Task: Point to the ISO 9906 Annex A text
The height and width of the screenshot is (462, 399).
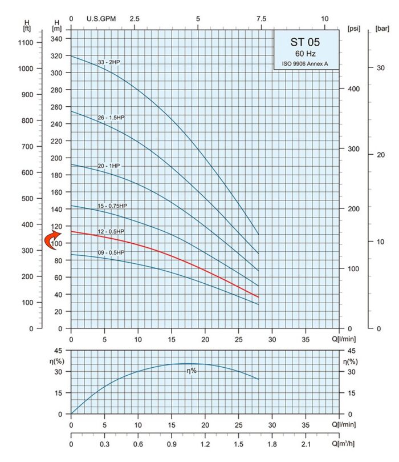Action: coord(306,63)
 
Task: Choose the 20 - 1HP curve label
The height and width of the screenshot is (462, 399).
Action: coord(108,166)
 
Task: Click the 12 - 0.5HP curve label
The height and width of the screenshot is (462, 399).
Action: coord(111,231)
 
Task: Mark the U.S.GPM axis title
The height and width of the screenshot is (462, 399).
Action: coord(100,18)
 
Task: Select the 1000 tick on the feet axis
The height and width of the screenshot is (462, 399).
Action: coord(26,68)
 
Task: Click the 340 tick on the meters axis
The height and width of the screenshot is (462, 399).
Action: coord(57,39)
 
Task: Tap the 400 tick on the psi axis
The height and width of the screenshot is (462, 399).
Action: coord(354,89)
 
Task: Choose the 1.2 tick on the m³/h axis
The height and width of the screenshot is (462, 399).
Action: coord(205,443)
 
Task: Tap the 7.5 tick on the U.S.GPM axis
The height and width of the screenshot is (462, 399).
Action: coord(260,18)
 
